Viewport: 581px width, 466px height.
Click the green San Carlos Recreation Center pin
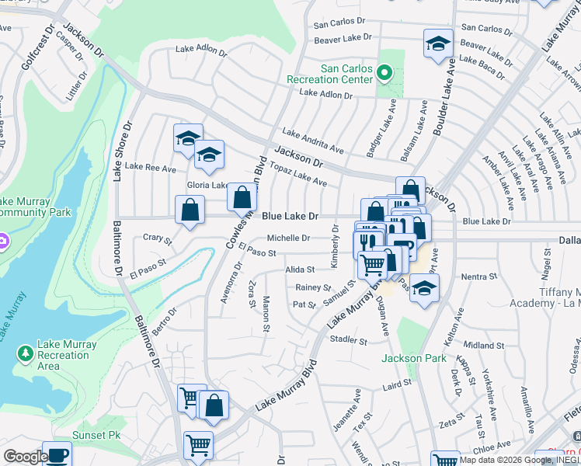click(384, 73)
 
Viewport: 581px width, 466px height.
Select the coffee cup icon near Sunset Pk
click(57, 454)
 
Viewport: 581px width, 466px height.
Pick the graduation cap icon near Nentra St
click(423, 290)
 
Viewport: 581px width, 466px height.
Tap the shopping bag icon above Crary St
click(190, 210)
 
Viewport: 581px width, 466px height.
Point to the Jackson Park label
click(413, 358)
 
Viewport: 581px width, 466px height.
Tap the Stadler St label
click(348, 340)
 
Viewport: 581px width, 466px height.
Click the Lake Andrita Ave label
click(313, 141)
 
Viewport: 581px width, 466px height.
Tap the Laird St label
click(396, 384)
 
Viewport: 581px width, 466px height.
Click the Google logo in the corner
click(25, 457)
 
